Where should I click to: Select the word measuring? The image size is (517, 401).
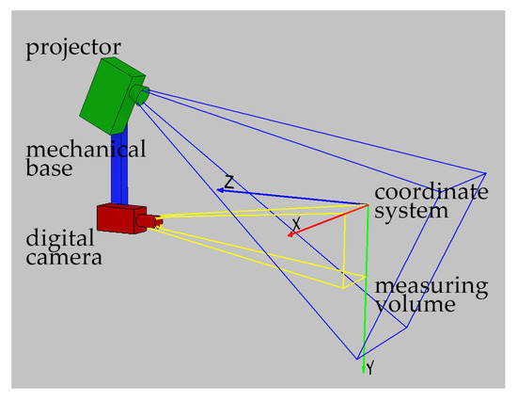click(x=431, y=285)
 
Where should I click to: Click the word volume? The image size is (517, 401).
click(x=411, y=304)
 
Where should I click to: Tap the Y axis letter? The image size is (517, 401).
click(x=370, y=369)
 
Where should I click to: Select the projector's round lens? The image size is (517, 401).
click(x=140, y=93)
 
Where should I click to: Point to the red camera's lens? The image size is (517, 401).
click(x=149, y=221)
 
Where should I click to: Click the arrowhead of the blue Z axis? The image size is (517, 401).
click(x=221, y=190)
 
